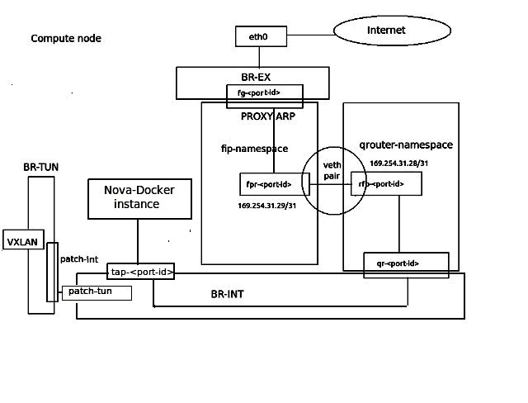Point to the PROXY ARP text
tap(268, 116)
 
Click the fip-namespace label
tap(254, 149)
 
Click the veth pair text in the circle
tap(332, 170)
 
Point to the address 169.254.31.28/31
tap(398, 164)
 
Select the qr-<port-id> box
tap(407, 263)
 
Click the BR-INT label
tap(225, 292)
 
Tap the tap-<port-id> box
tap(141, 272)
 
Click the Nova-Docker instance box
tap(139, 198)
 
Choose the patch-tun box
tap(97, 292)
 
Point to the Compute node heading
tap(66, 39)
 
